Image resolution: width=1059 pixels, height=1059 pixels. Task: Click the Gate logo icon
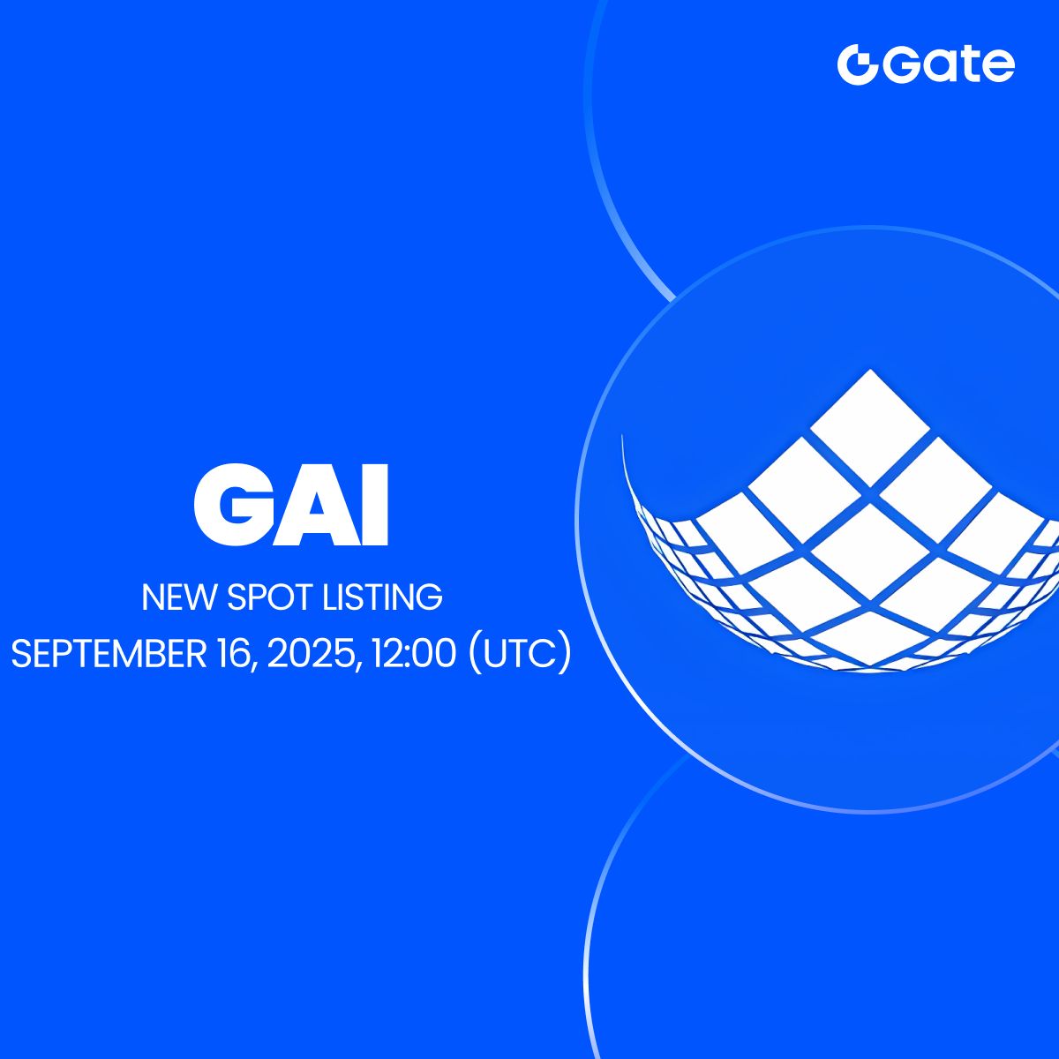point(856,65)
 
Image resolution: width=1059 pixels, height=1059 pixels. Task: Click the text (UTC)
point(521,654)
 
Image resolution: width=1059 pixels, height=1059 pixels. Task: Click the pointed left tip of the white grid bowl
point(623,438)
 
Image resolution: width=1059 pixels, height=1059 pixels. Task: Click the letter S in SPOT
point(238,598)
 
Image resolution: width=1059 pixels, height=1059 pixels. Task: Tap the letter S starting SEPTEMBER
point(20,654)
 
